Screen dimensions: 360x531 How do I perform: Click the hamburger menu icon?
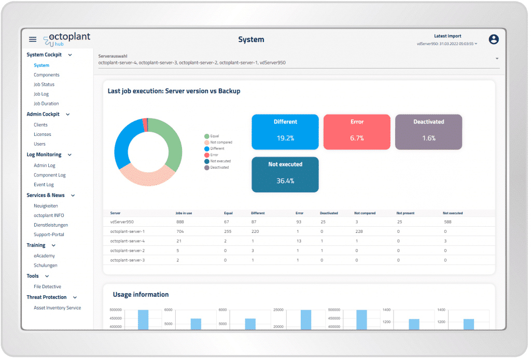point(33,39)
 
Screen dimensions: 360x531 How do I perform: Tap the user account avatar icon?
point(494,39)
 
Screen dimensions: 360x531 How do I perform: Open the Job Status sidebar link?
point(44,85)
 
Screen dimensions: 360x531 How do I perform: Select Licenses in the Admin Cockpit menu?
point(43,134)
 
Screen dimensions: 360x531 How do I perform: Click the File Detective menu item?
point(47,286)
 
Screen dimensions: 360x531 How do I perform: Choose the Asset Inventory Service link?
point(57,308)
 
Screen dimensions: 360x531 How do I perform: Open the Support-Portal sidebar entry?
point(49,234)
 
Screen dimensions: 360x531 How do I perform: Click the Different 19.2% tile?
point(285,132)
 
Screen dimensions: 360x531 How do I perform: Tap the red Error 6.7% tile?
point(357,132)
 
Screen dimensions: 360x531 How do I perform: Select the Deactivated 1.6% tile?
point(428,132)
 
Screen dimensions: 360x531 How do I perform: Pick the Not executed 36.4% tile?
point(285,174)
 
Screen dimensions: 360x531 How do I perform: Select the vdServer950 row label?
point(122,221)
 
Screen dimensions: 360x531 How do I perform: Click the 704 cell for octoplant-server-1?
point(180,231)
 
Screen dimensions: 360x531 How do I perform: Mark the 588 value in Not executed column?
point(448,221)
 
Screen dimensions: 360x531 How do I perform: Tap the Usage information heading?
point(141,295)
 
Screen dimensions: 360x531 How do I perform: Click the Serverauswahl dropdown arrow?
point(497,59)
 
